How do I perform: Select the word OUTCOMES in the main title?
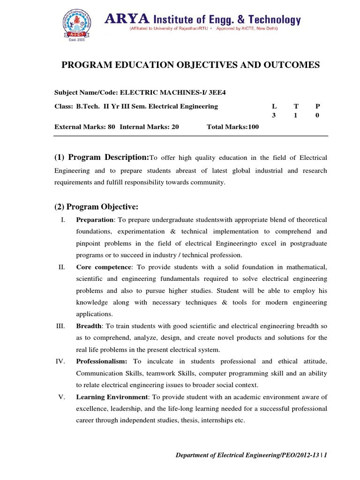tap(289, 65)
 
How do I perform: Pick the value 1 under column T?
tap(295, 115)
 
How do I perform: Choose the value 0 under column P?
tap(317, 115)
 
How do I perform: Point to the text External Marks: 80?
tap(85, 127)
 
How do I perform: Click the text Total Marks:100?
tap(232, 127)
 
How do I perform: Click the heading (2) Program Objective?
tap(97, 207)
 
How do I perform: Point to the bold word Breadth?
tap(89, 326)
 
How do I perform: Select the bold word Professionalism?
tap(102, 361)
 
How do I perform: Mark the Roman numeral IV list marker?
tap(61, 361)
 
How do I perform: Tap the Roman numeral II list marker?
tap(61, 267)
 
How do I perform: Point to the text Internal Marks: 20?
tap(150, 127)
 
